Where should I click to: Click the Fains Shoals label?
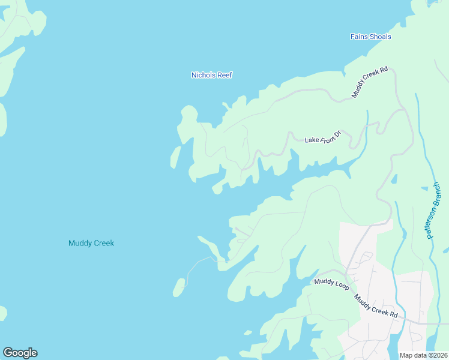pyautogui.click(x=370, y=37)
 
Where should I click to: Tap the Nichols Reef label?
pyautogui.click(x=211, y=75)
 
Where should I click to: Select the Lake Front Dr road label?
pyautogui.click(x=322, y=137)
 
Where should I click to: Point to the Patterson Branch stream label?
pyautogui.click(x=435, y=212)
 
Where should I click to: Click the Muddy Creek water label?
pyautogui.click(x=91, y=243)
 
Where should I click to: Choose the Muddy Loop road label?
pyautogui.click(x=332, y=281)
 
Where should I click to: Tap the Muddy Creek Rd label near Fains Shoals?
pyautogui.click(x=370, y=82)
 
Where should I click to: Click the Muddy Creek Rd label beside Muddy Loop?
pyautogui.click(x=375, y=306)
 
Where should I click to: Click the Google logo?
pyautogui.click(x=20, y=353)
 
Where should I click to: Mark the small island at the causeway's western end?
pyautogui.click(x=179, y=287)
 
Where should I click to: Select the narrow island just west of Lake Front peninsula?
pyautogui.click(x=175, y=157)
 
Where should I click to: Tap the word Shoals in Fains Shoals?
pyautogui.click(x=380, y=37)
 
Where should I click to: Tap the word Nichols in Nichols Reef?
pyautogui.click(x=203, y=75)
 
